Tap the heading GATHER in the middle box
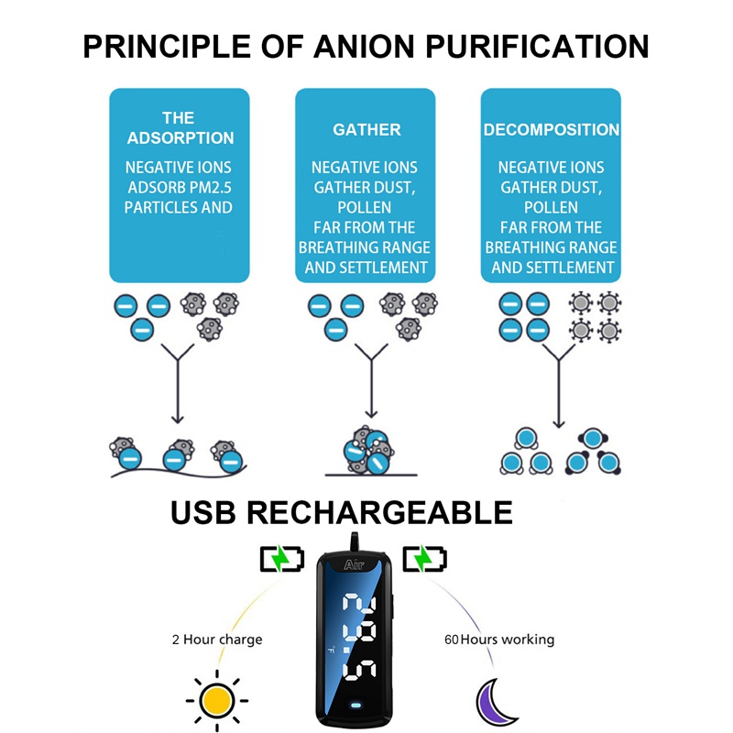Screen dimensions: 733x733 coord(366,129)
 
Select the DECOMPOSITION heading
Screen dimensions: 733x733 coord(552,129)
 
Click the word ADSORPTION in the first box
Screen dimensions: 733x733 coord(181,138)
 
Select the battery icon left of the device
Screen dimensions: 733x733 coord(280,558)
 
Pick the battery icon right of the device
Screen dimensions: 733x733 coord(426,558)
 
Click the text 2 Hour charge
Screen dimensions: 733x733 coord(216,639)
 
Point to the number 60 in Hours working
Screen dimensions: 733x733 coord(451,639)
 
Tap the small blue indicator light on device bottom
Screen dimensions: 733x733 coord(356,706)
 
